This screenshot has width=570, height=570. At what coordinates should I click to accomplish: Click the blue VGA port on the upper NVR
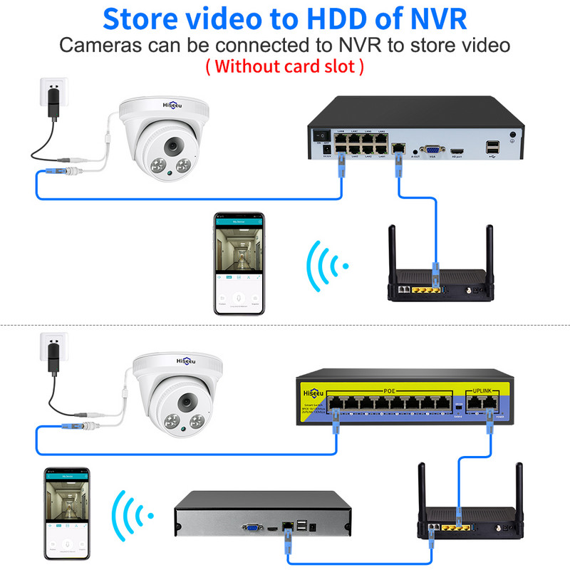431,150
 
